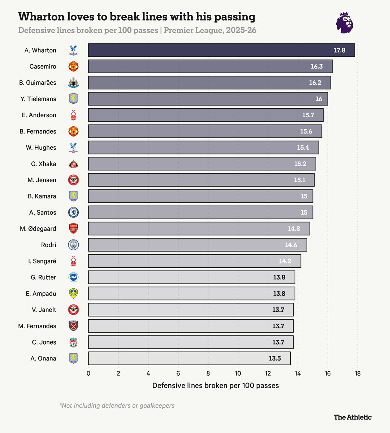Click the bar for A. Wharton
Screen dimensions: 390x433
tap(221, 50)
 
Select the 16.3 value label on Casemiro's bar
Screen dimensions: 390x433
tap(317, 66)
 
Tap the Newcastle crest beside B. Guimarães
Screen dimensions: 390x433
tap(73, 83)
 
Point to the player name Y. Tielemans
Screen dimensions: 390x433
tap(38, 99)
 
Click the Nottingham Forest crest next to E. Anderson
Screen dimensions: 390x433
tap(73, 115)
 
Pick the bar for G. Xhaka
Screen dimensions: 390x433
tap(202, 163)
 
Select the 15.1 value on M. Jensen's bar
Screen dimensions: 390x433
tap(299, 180)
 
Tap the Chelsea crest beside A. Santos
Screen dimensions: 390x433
tap(73, 213)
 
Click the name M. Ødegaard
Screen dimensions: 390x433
tap(38, 228)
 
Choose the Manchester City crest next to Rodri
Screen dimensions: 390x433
tap(73, 245)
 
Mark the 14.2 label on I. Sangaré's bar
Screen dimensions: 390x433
tap(285, 261)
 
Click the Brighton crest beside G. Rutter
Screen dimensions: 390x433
tap(73, 277)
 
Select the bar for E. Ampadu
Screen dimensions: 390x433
tap(192, 293)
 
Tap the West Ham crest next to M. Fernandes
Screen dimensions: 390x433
tap(73, 326)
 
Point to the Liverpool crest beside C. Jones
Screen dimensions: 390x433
tap(73, 342)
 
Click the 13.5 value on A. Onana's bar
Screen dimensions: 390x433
tap(274, 358)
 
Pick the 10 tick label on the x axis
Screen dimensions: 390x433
tap(238, 373)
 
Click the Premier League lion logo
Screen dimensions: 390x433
tap(344, 23)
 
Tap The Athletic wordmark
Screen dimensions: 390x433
tap(352, 417)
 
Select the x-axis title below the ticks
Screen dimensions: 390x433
tap(216, 385)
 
